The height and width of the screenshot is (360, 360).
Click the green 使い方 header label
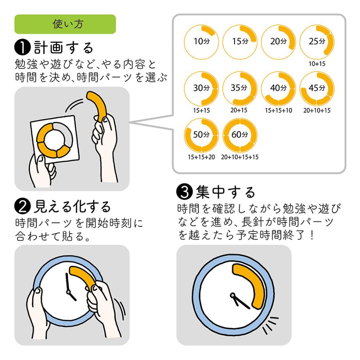65,24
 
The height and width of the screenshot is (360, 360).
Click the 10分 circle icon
200,41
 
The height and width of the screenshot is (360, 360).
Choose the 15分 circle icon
239,41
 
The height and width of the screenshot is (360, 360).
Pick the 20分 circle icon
278,41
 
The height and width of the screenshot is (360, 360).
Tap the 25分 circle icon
317,41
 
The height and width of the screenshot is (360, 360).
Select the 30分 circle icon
200,88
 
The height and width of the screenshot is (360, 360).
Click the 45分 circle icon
317,88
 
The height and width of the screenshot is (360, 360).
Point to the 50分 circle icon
200,135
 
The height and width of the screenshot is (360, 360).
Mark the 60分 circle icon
239,135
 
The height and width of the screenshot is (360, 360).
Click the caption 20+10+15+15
239,157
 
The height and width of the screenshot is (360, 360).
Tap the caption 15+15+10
278,110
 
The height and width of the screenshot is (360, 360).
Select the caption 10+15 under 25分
317,64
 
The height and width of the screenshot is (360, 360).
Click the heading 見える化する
72,206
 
